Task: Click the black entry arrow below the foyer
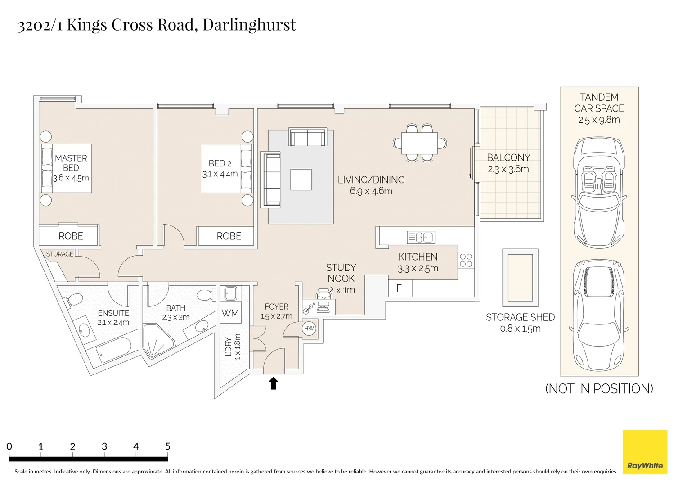click(x=273, y=383)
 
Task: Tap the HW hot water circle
click(x=309, y=328)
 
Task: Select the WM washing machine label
click(x=230, y=313)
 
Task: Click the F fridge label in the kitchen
click(x=399, y=288)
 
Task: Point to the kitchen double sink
click(x=421, y=237)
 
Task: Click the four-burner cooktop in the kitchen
click(x=466, y=261)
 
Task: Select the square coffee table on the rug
click(x=301, y=180)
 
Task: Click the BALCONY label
click(x=508, y=157)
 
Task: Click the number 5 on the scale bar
click(x=167, y=446)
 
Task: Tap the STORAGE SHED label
click(x=520, y=317)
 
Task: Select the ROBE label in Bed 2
click(x=229, y=236)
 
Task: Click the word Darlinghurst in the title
click(x=249, y=24)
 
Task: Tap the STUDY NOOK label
click(x=341, y=273)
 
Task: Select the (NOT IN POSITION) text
click(x=599, y=389)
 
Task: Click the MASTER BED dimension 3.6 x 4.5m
click(x=71, y=178)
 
